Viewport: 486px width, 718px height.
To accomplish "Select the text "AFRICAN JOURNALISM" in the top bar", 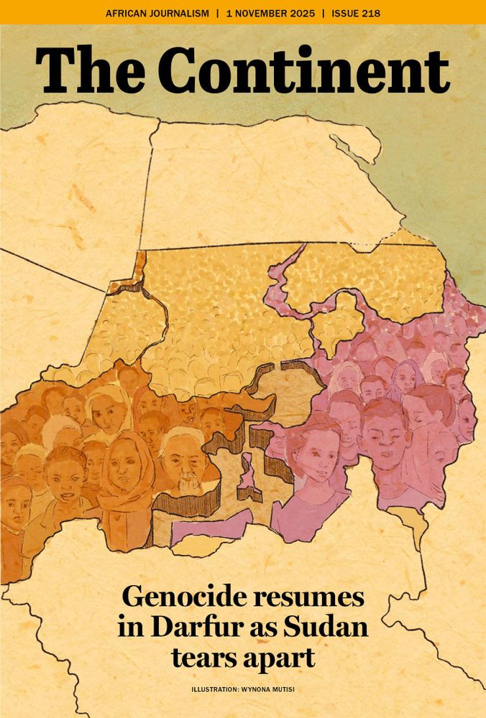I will [x=157, y=13].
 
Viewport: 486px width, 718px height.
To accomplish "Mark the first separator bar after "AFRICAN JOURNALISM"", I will [x=218, y=13].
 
